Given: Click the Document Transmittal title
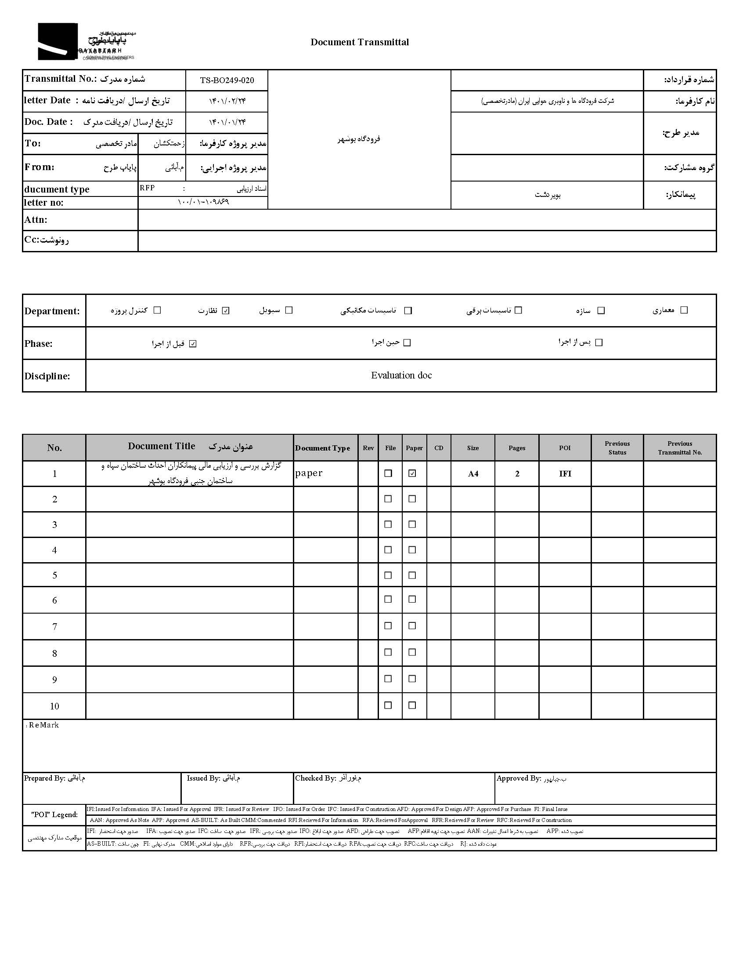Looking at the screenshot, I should click(x=359, y=42).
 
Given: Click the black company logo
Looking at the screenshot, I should click(x=58, y=41).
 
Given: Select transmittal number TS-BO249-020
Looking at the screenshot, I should click(x=227, y=80).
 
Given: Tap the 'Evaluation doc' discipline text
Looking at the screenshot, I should click(x=401, y=375).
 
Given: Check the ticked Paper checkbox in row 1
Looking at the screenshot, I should click(x=412, y=473).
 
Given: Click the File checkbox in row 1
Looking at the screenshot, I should click(x=388, y=473).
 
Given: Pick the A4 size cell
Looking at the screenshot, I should click(x=473, y=473).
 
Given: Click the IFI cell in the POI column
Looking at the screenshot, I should click(x=565, y=473).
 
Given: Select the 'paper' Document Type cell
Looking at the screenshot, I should click(x=309, y=473).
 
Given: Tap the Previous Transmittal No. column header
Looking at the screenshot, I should click(x=679, y=447).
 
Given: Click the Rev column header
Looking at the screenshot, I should click(x=368, y=448).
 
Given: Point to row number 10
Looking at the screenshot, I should click(x=54, y=706).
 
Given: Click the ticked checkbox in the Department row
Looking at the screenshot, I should click(x=226, y=311).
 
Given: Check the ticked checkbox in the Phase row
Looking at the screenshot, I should click(x=192, y=344).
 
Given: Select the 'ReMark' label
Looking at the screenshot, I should click(x=43, y=725).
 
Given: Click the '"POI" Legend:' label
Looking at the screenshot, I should click(x=54, y=814).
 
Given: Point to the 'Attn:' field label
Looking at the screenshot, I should click(x=36, y=220).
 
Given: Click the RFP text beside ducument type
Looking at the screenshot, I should click(x=147, y=188).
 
